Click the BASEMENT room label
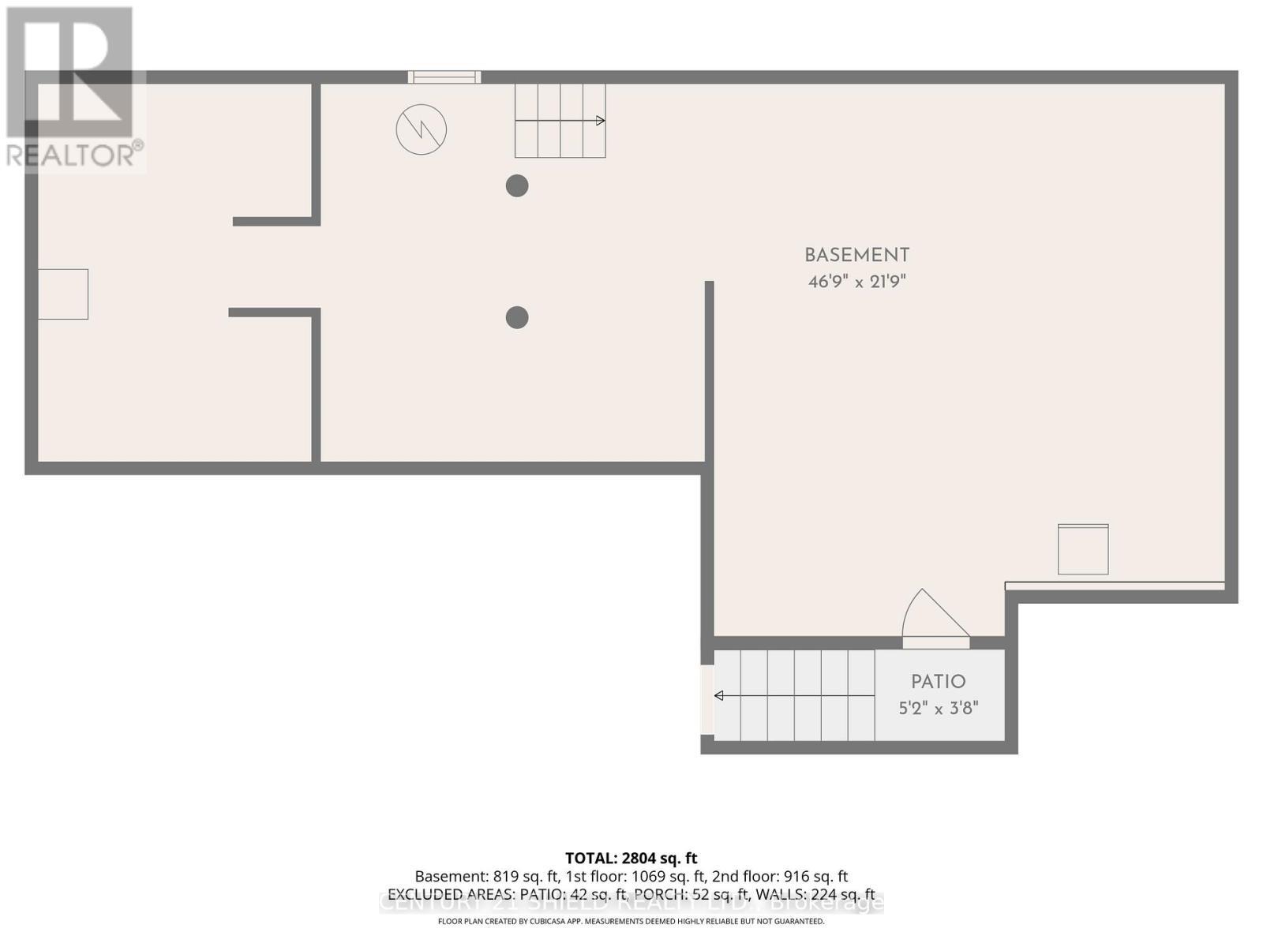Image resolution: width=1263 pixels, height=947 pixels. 856,256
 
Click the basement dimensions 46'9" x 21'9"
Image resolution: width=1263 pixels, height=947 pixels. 856,282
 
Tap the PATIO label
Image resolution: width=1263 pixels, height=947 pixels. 938,682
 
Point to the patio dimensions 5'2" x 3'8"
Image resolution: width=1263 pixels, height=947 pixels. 938,708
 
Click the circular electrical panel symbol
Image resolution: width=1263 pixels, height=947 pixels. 422,129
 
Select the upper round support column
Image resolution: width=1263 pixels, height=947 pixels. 517,186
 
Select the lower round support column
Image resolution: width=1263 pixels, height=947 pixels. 517,317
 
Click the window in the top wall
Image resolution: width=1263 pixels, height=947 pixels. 444,77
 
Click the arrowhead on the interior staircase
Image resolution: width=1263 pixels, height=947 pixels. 601,121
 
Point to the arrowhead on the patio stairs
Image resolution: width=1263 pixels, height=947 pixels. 719,695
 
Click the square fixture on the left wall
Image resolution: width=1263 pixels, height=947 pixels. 63,294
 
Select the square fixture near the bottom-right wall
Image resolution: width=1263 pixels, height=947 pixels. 1083,549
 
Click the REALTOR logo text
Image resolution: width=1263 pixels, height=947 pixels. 75,155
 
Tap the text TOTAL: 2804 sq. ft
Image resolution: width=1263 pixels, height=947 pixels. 631,858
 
